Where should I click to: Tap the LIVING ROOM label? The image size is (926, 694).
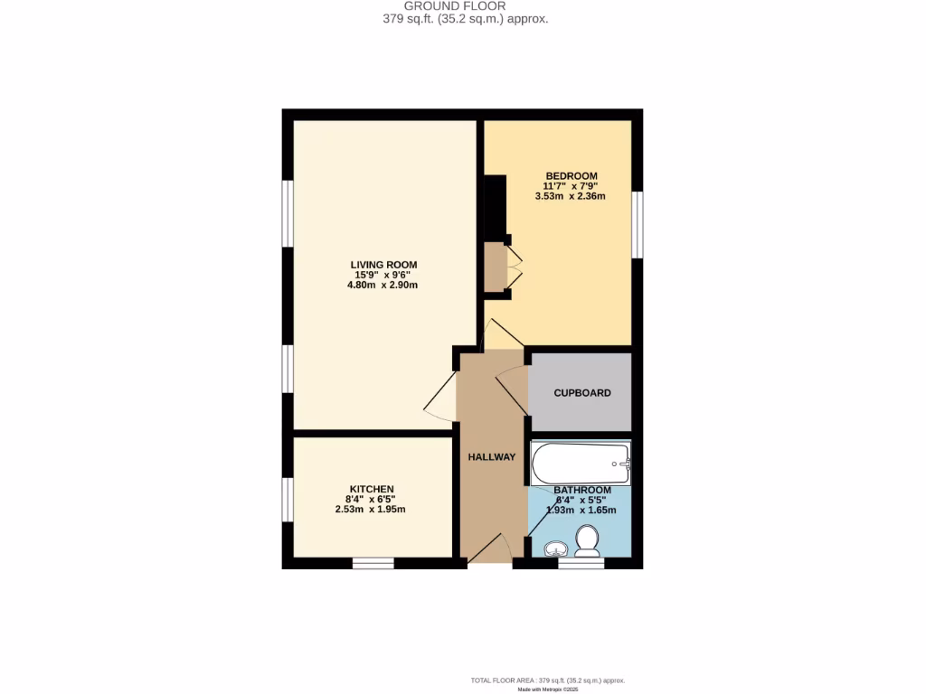tap(384, 264)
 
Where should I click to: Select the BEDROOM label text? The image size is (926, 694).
tap(571, 175)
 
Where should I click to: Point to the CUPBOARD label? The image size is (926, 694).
tap(582, 393)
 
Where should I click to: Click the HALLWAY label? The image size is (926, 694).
tap(491, 457)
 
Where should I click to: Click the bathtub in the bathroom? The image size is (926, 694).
tap(580, 464)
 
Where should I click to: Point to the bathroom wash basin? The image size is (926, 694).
tap(554, 549)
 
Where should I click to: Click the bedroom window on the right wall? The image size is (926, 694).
tap(637, 225)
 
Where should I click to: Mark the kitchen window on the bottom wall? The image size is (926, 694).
tap(373, 563)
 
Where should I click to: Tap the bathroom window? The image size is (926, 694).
tap(581, 563)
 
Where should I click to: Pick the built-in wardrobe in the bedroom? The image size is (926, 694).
tap(495, 267)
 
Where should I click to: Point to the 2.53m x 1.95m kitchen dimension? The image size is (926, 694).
tap(370, 509)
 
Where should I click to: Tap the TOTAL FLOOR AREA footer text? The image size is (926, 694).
tap(547, 680)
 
